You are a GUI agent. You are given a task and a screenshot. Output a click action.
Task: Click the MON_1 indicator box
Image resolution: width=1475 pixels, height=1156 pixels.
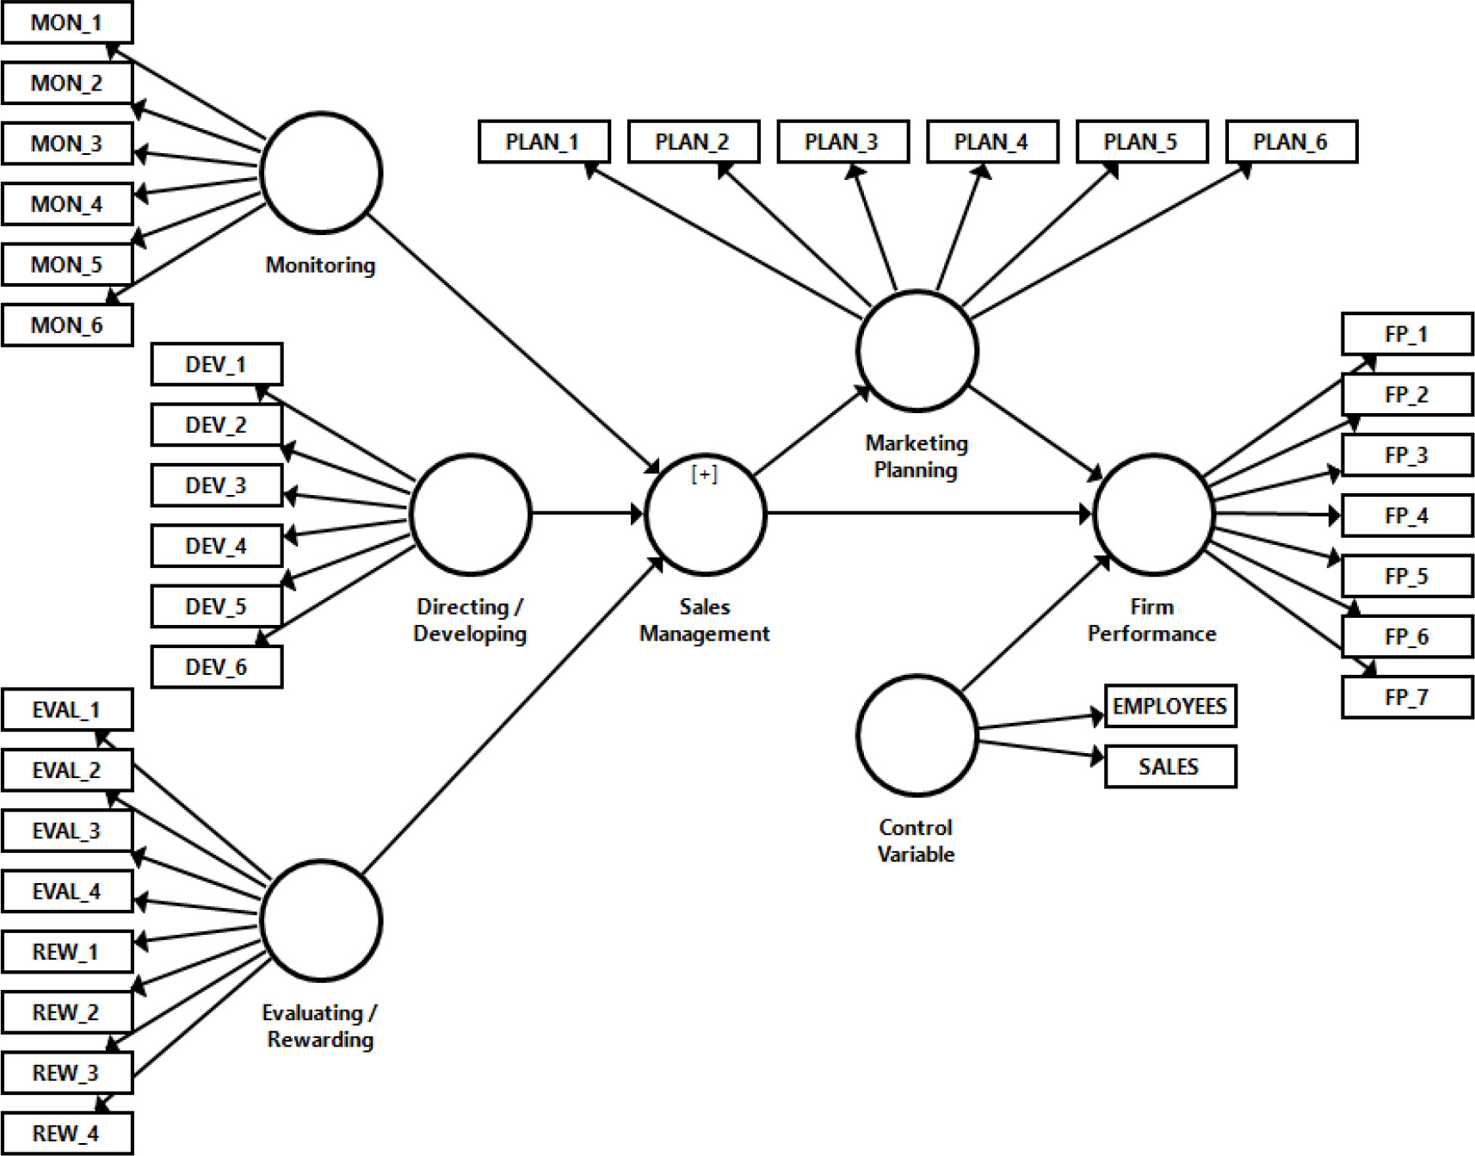[67, 22]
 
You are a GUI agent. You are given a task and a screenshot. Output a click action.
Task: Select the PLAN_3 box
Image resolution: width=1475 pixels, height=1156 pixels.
[842, 142]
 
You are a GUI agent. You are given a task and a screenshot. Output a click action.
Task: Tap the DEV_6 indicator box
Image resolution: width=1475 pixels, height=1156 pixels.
[216, 667]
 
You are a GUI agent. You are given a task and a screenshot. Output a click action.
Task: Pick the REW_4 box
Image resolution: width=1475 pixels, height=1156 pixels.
[67, 1134]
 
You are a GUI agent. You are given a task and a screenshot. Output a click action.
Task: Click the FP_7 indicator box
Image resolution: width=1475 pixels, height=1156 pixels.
[1407, 697]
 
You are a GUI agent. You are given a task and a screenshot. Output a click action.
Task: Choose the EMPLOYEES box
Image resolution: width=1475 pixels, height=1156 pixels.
[1170, 707]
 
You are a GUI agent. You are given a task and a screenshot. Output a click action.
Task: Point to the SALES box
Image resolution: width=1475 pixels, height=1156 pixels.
[1170, 767]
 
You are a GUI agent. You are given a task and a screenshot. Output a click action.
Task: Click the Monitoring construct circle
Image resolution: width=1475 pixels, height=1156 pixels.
[321, 173]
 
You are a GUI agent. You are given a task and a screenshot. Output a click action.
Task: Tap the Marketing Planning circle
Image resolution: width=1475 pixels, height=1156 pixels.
[917, 351]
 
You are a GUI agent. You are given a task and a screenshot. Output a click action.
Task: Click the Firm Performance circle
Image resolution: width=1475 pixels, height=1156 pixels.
[1153, 515]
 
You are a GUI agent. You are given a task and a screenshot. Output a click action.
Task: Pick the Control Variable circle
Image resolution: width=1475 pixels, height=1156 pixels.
[917, 735]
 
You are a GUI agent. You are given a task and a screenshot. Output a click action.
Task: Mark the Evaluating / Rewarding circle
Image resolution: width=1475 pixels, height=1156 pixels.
[321, 920]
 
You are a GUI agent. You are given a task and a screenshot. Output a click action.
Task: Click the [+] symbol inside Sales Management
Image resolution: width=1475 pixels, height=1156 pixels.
[705, 474]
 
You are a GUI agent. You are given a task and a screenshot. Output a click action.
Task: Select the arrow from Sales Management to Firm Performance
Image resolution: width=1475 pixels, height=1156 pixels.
[929, 514]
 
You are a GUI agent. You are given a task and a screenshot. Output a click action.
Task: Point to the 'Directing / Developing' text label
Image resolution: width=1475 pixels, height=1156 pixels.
[470, 621]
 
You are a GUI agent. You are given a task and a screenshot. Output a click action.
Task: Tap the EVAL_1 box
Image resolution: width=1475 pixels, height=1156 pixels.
[67, 710]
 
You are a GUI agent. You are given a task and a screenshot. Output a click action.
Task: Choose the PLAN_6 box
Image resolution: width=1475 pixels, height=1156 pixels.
[1291, 142]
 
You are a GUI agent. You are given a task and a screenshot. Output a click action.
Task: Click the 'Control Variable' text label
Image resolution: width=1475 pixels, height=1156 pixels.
[916, 841]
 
